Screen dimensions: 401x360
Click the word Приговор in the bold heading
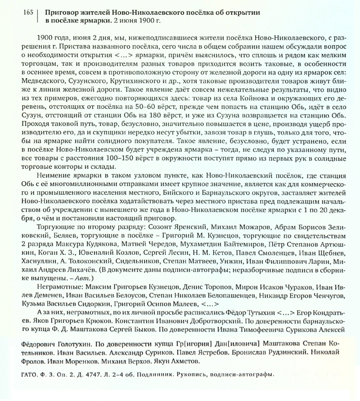tap(62, 12)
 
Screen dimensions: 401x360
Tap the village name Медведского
tap(43, 86)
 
